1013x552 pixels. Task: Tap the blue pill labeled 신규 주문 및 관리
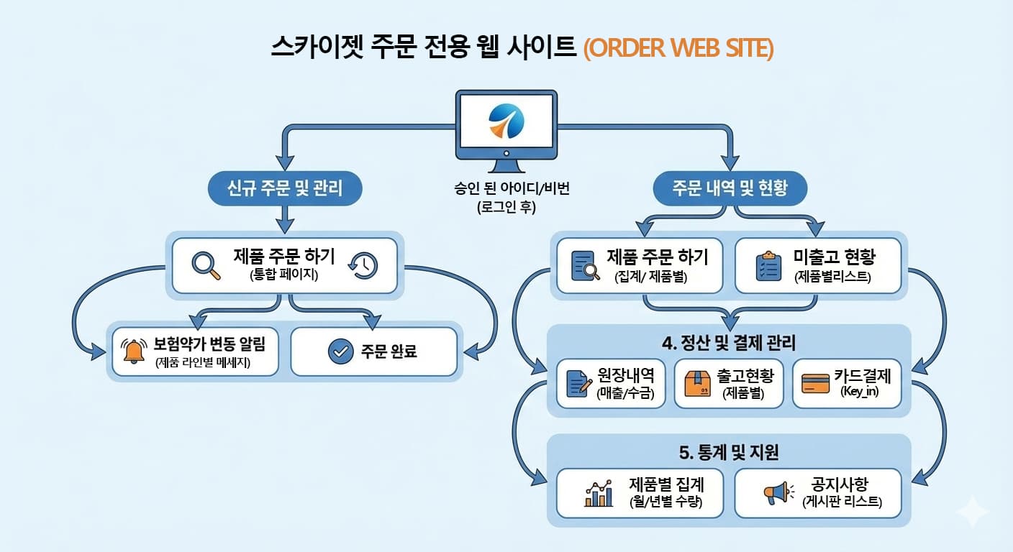pyautogui.click(x=284, y=189)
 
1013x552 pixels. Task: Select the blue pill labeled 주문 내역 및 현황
pyautogui.click(x=730, y=189)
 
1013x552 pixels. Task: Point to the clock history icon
pyautogui.click(x=363, y=266)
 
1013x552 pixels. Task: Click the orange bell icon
pyautogui.click(x=134, y=351)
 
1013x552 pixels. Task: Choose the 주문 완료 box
pyautogui.click(x=373, y=351)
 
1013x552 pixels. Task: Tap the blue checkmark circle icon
pyautogui.click(x=340, y=351)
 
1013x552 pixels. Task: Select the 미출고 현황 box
pyautogui.click(x=817, y=266)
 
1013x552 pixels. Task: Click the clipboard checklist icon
pyautogui.click(x=769, y=266)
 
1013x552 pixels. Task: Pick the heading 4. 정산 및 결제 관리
pyautogui.click(x=729, y=343)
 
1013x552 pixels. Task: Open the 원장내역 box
pyautogui.click(x=611, y=383)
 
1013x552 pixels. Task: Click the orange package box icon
pyautogui.click(x=696, y=384)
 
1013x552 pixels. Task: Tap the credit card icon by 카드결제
pyautogui.click(x=816, y=383)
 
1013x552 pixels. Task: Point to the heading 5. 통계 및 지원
pyautogui.click(x=729, y=452)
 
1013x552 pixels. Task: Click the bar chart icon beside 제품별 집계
pyautogui.click(x=599, y=493)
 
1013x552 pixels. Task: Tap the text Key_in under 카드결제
pyautogui.click(x=859, y=392)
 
